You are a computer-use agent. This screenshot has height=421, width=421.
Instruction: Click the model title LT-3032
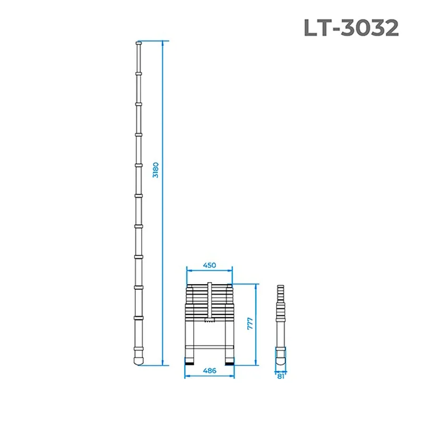click(x=351, y=28)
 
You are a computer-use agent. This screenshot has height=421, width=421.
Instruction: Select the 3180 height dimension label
click(x=156, y=170)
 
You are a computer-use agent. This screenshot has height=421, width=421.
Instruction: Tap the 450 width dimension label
click(x=209, y=265)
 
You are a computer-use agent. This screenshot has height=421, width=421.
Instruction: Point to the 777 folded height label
click(x=249, y=324)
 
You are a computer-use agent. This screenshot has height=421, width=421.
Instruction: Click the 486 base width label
click(x=209, y=370)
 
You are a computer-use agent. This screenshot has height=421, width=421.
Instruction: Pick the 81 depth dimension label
click(x=280, y=376)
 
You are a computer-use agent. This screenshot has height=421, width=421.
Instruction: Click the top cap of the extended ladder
click(x=138, y=43)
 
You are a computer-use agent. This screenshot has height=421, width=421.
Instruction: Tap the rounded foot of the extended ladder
click(x=138, y=360)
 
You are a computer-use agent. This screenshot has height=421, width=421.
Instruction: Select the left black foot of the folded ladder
click(x=189, y=364)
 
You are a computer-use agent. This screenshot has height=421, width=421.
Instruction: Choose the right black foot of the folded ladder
click(x=229, y=364)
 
